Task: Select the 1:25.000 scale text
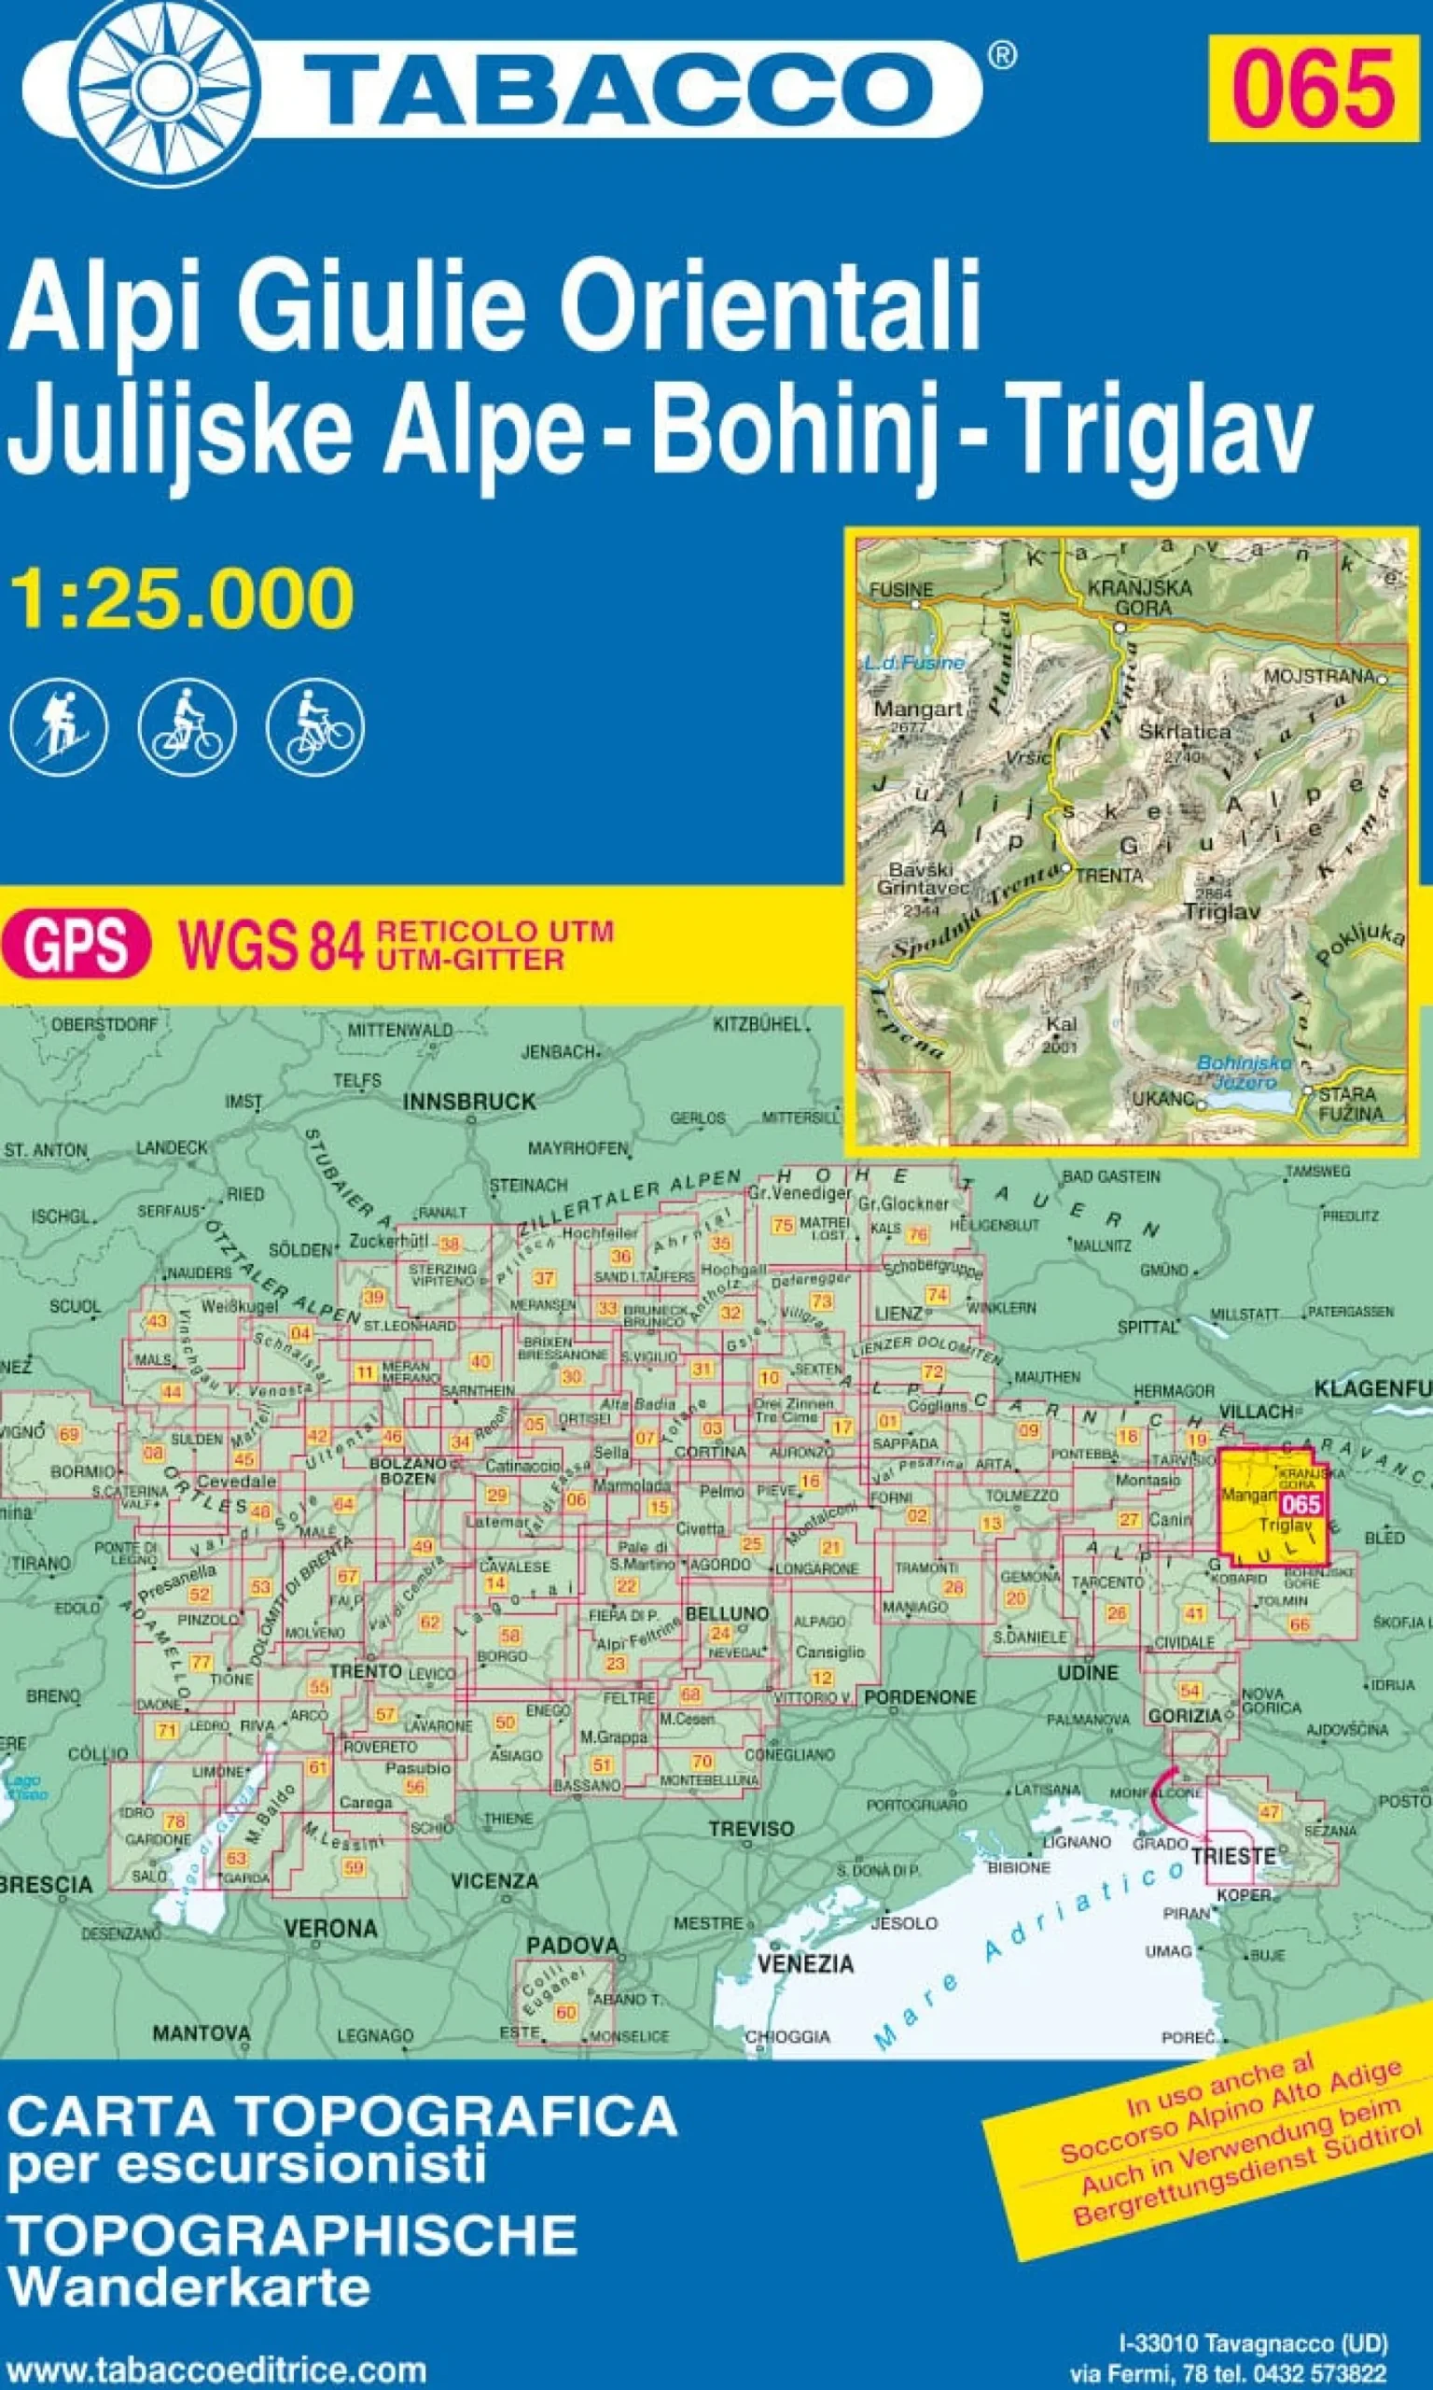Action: click(182, 600)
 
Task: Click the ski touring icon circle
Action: click(59, 727)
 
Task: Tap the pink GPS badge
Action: click(77, 945)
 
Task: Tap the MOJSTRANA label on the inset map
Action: click(1318, 676)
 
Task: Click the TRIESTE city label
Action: click(1233, 1855)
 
